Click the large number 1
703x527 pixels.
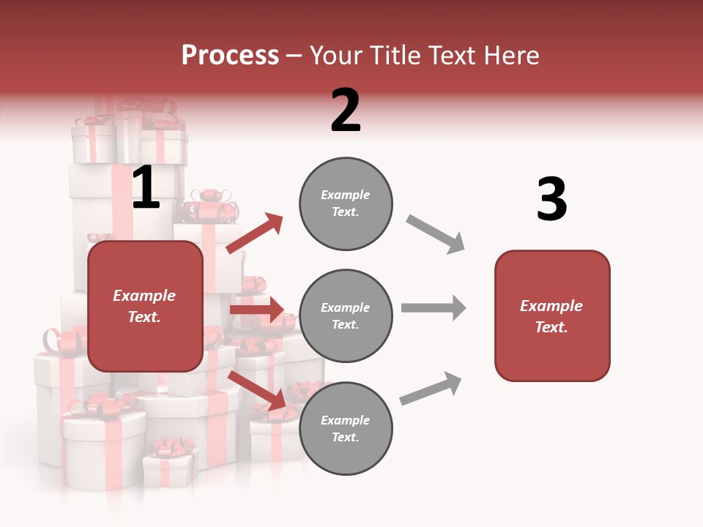(x=146, y=188)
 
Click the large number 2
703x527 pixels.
(x=346, y=111)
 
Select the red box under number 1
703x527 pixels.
(x=145, y=306)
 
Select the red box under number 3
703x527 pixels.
(x=552, y=316)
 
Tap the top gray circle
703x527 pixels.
(x=346, y=203)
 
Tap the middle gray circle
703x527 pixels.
(x=346, y=316)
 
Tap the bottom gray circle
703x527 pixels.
(x=346, y=429)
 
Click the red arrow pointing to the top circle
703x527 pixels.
(x=255, y=233)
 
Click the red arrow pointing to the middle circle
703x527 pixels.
(x=256, y=310)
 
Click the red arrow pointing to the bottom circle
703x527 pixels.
(x=256, y=390)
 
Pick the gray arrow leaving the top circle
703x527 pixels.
(x=436, y=234)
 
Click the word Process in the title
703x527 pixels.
(x=230, y=55)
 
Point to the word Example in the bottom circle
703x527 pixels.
(x=345, y=420)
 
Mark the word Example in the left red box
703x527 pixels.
(x=144, y=296)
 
